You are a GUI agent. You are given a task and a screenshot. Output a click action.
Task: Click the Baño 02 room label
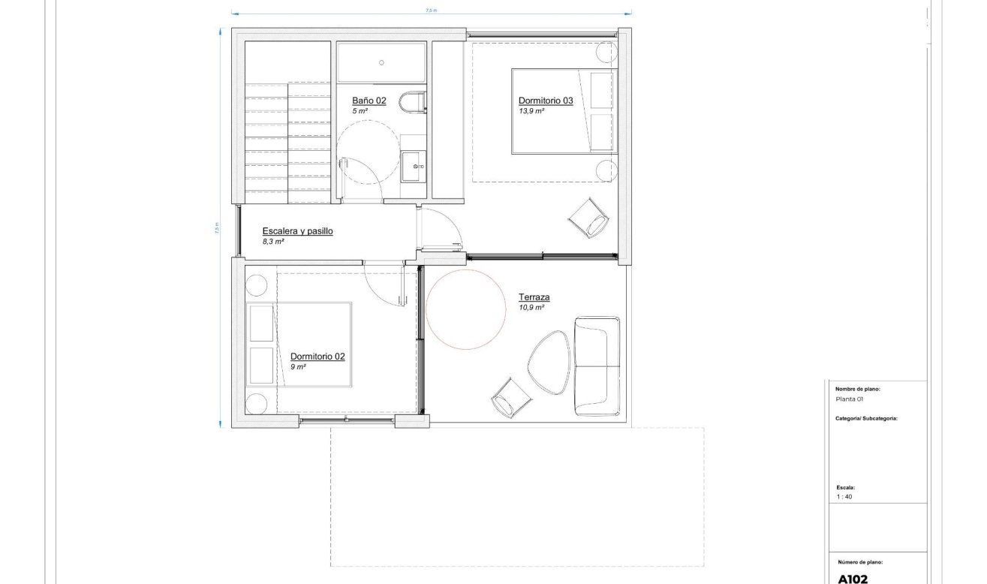coord(369,100)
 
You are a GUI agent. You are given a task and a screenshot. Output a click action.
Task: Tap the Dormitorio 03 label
coord(546,100)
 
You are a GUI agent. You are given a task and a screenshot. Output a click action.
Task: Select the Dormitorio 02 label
coord(317,357)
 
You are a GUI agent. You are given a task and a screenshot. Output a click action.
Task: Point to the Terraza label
coord(534,297)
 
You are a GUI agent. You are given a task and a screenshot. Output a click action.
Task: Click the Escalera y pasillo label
coord(297,231)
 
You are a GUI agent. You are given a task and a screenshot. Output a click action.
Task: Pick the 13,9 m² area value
coord(531,110)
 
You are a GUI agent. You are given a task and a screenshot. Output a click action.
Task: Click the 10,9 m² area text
coord(531,308)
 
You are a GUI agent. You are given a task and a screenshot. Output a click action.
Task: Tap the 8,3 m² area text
coord(272,242)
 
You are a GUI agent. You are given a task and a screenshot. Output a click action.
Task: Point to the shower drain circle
coord(381,62)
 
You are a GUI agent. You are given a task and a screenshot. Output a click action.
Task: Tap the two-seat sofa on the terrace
coord(597,366)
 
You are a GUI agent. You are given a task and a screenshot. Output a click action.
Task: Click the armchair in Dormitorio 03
coord(589,218)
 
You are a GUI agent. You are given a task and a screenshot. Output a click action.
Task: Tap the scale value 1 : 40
coord(844,497)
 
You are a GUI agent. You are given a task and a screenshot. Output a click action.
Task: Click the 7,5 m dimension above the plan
coord(431,10)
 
